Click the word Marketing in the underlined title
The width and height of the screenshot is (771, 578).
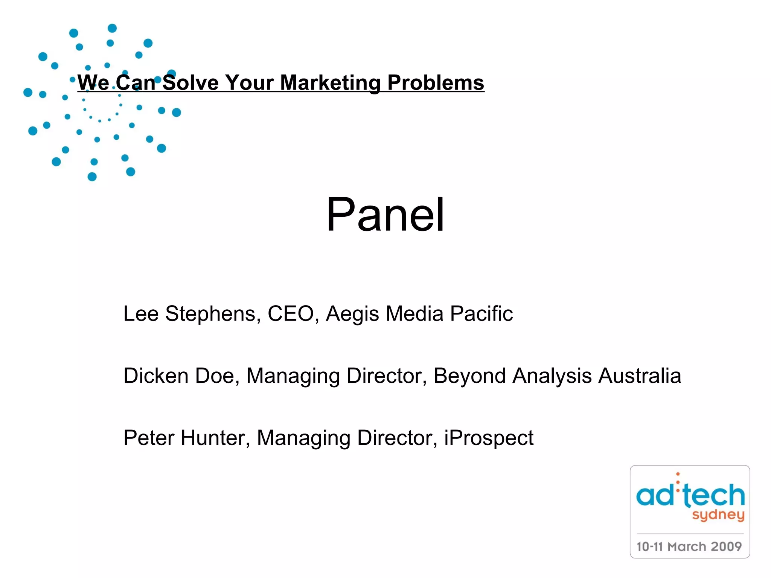tap(330, 83)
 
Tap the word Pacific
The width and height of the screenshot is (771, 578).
tap(481, 313)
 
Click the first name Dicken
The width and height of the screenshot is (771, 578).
tap(156, 376)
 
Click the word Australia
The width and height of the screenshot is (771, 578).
tap(640, 376)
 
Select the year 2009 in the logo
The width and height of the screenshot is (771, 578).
tap(726, 546)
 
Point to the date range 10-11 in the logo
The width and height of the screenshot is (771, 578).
tap(649, 546)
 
